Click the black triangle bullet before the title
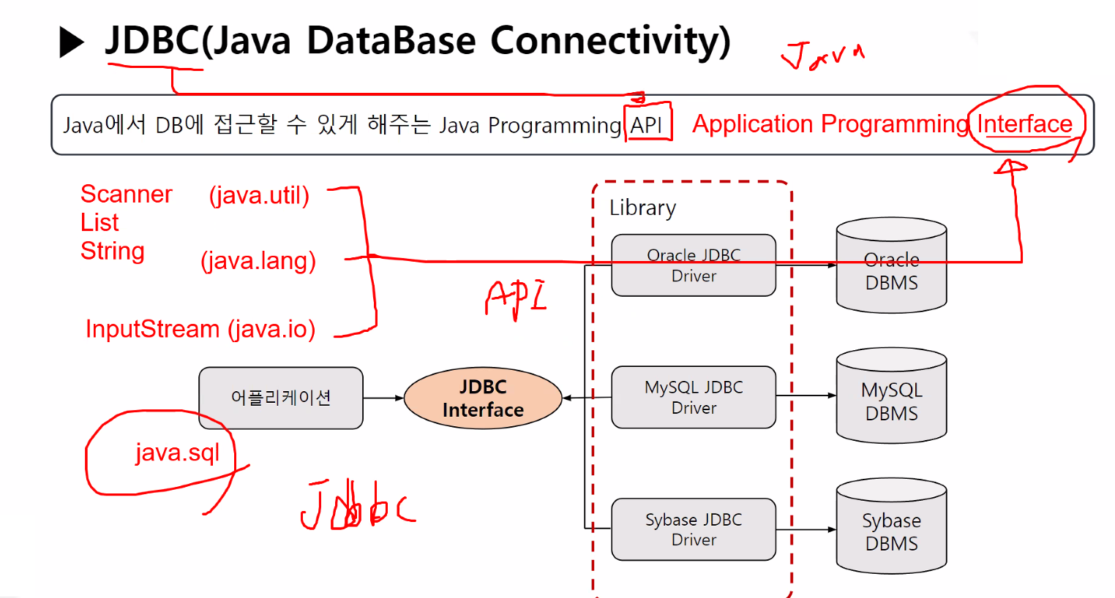tap(71, 42)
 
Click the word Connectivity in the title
tap(610, 41)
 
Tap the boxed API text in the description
tap(647, 125)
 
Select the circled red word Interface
tap(1024, 124)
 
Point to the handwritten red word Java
tap(822, 56)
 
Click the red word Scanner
tap(126, 194)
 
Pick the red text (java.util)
tap(259, 195)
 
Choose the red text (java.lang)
tap(258, 261)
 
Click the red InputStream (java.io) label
tap(200, 329)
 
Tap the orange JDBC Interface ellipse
tap(483, 398)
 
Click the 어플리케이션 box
tap(281, 398)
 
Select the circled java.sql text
tap(177, 453)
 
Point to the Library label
tap(642, 208)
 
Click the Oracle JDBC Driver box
tap(693, 265)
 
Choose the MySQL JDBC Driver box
tap(693, 397)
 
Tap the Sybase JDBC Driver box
tap(693, 529)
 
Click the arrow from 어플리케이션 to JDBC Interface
tap(383, 398)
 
